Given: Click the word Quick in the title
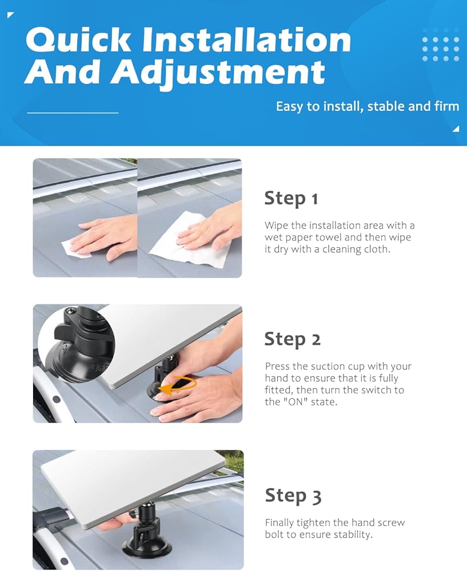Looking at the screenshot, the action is point(78,40).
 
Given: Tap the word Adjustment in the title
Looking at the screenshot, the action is point(218,72).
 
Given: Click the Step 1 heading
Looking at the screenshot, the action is point(291,199).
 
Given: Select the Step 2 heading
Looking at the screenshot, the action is point(293,339).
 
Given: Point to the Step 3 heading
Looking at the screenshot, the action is point(293,496).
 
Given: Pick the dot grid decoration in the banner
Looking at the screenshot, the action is point(440,49).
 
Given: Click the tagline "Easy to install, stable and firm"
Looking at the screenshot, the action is point(368,106).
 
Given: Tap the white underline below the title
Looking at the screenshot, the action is point(73,113).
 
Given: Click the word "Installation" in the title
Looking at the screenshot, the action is point(247,40).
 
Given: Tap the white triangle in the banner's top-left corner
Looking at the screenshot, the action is point(10,15).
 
